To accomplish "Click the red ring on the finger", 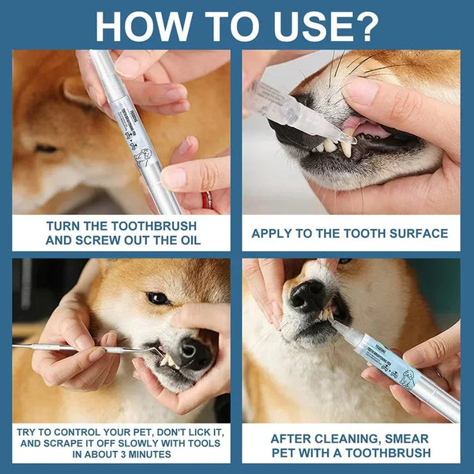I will [207, 199].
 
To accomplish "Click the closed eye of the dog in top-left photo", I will [45, 148].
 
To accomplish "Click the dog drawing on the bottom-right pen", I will [408, 378].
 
